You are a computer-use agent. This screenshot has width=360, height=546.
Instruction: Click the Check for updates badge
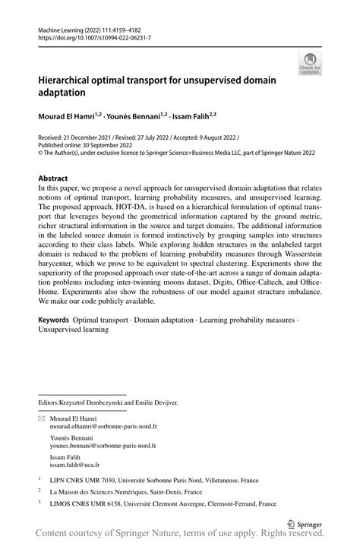(x=309, y=63)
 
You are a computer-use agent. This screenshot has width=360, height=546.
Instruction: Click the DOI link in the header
(x=90, y=37)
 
